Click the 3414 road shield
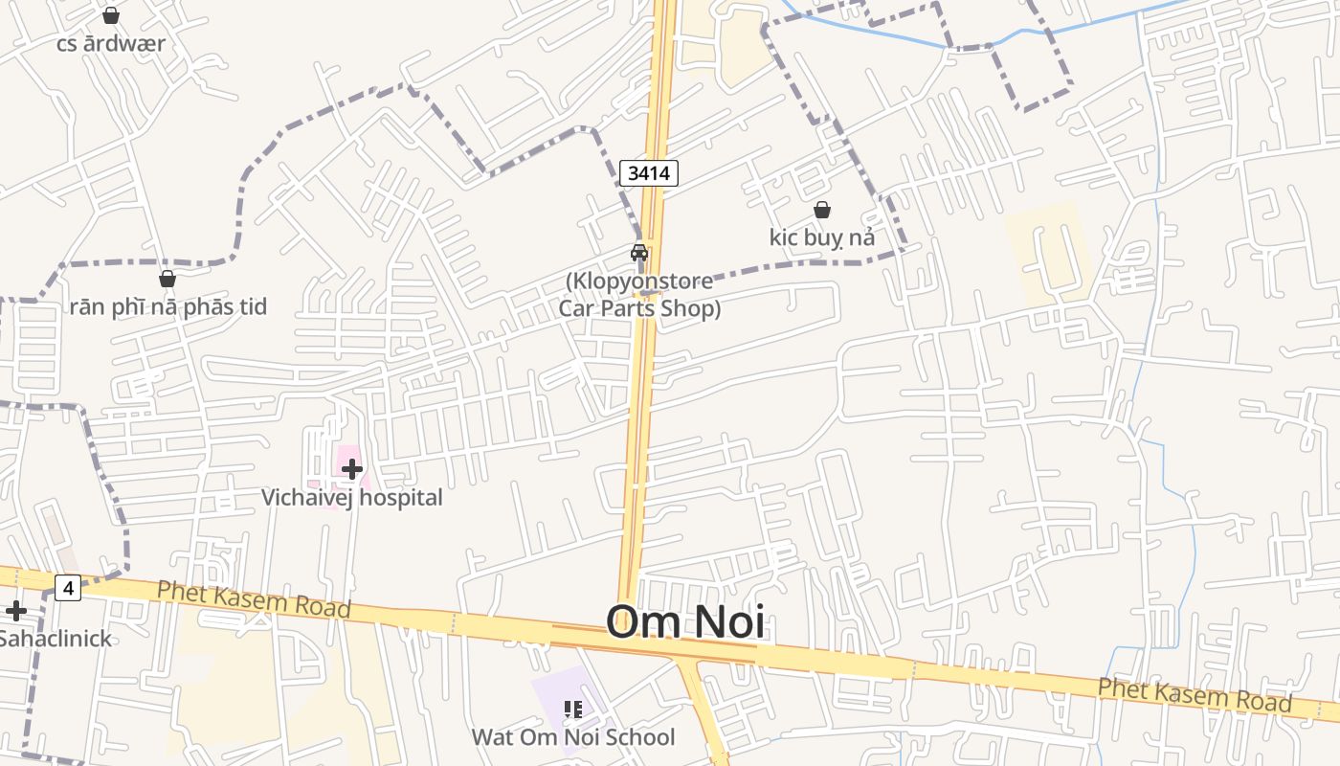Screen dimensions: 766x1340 pyautogui.click(x=649, y=173)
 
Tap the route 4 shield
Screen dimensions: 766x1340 pyautogui.click(x=67, y=588)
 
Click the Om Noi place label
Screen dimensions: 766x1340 pyautogui.click(x=685, y=621)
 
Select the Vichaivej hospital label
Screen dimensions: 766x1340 pyautogui.click(x=352, y=498)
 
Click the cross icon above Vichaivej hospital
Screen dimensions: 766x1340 pyautogui.click(x=352, y=468)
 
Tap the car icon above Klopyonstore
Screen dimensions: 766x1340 pyautogui.click(x=639, y=253)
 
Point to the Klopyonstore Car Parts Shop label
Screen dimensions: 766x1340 pyautogui.click(x=639, y=295)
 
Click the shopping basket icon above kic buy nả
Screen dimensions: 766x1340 pyautogui.click(x=821, y=210)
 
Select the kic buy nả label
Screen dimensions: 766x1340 pyautogui.click(x=821, y=237)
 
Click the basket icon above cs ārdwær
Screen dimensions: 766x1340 pyautogui.click(x=111, y=15)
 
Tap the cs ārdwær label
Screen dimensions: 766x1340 pyautogui.click(x=111, y=44)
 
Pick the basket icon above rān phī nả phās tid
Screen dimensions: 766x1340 pyautogui.click(x=167, y=279)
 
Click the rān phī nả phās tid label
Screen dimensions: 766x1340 pyautogui.click(x=167, y=307)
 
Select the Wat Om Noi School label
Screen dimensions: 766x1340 pyautogui.click(x=572, y=737)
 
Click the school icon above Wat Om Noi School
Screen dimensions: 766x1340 pyautogui.click(x=572, y=710)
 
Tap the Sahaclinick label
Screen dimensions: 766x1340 pyautogui.click(x=55, y=639)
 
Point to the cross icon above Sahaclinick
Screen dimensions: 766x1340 pyautogui.click(x=16, y=611)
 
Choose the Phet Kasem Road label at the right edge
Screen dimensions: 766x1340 pyautogui.click(x=1195, y=694)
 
